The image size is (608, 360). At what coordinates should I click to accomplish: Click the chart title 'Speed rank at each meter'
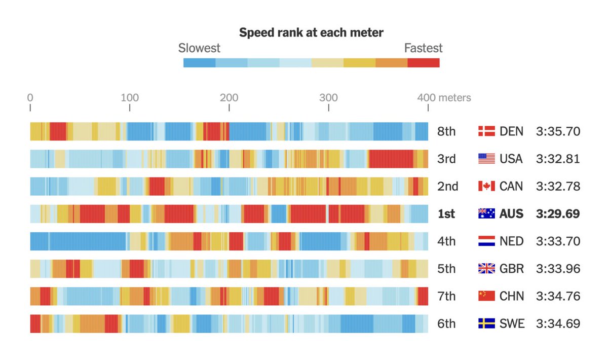(311, 33)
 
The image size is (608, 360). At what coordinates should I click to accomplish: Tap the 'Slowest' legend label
(199, 48)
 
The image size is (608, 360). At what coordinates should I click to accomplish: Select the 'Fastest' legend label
(423, 48)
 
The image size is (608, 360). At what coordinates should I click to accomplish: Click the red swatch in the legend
(424, 63)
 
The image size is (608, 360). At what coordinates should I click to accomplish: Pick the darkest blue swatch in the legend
(199, 63)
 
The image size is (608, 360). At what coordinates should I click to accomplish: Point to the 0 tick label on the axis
(30, 97)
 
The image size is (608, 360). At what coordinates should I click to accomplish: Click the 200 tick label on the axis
(230, 97)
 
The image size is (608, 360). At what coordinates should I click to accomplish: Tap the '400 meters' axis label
(444, 97)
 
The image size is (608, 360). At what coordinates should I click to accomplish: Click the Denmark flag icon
(486, 132)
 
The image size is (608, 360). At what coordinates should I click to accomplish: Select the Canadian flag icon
(486, 187)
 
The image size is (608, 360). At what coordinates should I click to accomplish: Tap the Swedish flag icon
(486, 323)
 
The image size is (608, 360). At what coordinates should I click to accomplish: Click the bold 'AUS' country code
(511, 214)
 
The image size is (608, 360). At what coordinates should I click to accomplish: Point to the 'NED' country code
(511, 241)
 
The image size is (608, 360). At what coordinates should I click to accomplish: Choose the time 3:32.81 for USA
(558, 159)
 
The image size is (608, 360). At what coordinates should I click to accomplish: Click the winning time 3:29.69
(558, 214)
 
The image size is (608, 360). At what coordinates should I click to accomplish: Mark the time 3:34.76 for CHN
(558, 296)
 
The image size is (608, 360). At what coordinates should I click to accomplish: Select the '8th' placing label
(446, 132)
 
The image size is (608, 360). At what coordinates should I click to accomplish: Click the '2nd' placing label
(447, 187)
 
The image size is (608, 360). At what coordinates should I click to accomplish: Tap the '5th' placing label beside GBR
(446, 269)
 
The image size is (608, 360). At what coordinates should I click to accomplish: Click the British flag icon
(486, 269)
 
